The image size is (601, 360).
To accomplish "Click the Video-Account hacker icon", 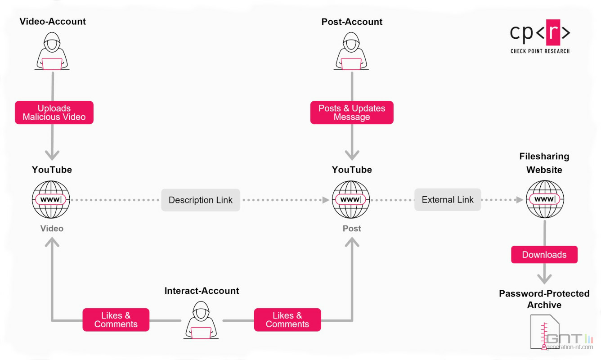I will click(x=52, y=52).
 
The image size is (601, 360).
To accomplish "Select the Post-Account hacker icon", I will click(x=352, y=52).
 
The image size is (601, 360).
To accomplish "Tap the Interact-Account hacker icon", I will click(x=202, y=320).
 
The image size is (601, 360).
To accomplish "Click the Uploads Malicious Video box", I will click(x=54, y=112).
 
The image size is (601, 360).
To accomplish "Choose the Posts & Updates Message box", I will click(x=352, y=112).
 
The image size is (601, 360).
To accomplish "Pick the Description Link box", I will click(x=201, y=200).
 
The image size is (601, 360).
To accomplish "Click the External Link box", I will click(x=448, y=200).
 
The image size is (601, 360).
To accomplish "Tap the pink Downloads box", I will click(x=544, y=255).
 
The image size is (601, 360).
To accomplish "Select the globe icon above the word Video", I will click(x=52, y=199).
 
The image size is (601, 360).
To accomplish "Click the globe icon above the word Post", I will click(x=351, y=199).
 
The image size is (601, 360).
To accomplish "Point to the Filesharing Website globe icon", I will click(x=545, y=199).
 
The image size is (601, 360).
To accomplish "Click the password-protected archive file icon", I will click(x=545, y=332).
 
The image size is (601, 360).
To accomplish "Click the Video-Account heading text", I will click(x=53, y=21).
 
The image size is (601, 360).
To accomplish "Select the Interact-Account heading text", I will click(x=202, y=291).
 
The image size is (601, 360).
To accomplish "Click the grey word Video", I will click(x=52, y=229).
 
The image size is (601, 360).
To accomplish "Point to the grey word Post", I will click(x=352, y=229).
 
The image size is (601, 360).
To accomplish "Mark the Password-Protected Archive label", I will click(x=544, y=299).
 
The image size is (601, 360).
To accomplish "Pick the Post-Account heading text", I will click(x=352, y=22).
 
